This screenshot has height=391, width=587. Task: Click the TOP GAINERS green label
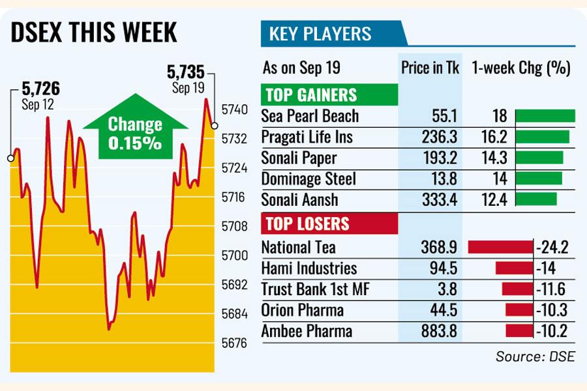(x=310, y=96)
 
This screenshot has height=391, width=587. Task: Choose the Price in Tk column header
(x=429, y=66)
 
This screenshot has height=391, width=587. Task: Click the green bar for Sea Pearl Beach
(x=545, y=116)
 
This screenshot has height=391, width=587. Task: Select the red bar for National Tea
(x=501, y=247)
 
